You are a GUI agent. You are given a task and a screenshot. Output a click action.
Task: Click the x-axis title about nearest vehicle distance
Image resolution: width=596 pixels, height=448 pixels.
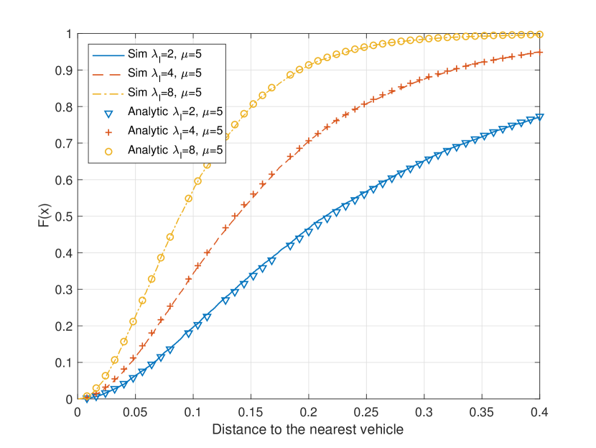pos(308,430)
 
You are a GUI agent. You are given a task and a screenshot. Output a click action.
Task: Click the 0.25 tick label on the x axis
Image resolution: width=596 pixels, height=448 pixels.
pos(366,413)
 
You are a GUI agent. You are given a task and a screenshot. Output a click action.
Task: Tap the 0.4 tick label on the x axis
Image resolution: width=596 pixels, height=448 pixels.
pos(540,413)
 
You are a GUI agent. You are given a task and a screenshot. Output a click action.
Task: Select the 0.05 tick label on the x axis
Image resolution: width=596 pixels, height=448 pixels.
pos(135,413)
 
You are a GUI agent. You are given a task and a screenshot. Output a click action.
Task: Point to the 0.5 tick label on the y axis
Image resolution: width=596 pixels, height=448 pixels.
pos(63,216)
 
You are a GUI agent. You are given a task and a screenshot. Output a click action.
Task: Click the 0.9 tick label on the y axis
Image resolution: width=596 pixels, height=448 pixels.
pos(63,70)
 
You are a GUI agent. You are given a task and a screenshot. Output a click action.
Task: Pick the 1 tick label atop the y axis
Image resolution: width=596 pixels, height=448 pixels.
pos(68,34)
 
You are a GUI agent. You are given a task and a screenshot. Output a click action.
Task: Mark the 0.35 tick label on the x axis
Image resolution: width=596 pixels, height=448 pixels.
pos(482,413)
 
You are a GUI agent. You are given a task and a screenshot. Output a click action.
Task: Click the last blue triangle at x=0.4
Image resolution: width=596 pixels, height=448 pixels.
pos(539,116)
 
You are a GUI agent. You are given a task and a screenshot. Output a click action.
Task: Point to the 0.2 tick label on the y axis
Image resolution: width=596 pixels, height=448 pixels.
pos(63,326)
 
